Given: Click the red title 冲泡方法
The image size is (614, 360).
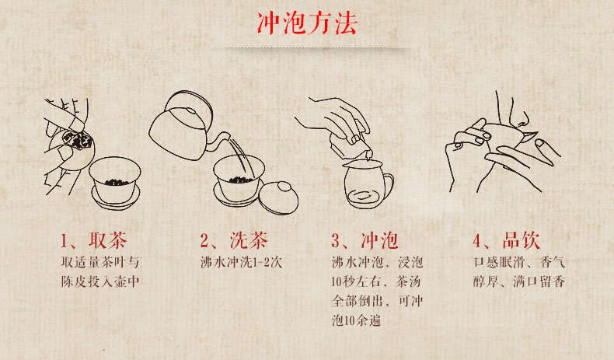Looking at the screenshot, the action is tap(307, 23).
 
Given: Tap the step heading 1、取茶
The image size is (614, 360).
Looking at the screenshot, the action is tap(94, 240).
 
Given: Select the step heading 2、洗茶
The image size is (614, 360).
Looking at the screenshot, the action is tap(234, 240).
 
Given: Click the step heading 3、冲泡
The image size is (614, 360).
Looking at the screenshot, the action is tap(365, 240).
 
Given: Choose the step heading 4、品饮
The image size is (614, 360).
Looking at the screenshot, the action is tap(506, 240).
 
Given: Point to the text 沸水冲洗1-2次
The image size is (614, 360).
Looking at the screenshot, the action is tap(241, 262).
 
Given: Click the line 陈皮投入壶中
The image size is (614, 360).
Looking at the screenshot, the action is tap(100, 281).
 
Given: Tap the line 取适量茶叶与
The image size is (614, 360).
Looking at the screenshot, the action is tap(100, 262).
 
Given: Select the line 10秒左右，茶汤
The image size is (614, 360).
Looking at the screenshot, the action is tap(376, 281).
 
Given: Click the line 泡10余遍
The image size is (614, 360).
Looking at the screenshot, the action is tap(356, 321).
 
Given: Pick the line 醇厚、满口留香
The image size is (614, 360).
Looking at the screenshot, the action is tap(519, 281).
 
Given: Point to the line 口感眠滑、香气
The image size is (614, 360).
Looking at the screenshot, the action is tap(519, 262).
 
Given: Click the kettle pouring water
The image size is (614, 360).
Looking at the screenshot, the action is tap(184, 128).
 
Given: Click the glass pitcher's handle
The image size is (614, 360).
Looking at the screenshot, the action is tap(387, 185).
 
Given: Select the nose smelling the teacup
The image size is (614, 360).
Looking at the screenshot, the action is tap(520, 115).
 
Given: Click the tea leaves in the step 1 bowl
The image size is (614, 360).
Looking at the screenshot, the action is tap(114, 182).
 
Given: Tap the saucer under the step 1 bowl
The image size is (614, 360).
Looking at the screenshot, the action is tap(116, 198).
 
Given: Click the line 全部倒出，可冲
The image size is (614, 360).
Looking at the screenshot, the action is tap(377, 301).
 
